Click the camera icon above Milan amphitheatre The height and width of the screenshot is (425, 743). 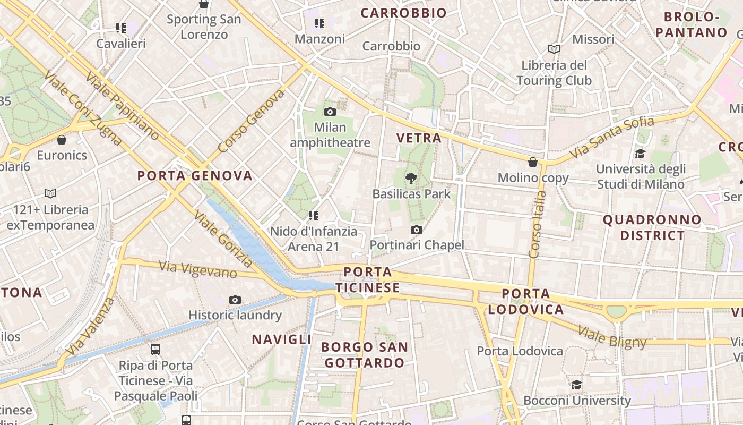tap(330, 112)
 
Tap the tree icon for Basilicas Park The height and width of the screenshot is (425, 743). tap(411, 178)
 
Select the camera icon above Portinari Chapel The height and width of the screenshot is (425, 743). tap(417, 229)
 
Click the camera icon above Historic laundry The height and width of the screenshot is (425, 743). tap(235, 300)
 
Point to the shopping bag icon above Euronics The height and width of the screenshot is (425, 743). tap(62, 140)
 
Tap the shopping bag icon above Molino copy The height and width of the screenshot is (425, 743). tap(533, 162)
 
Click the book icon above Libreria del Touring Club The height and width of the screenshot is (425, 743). tap(554, 49)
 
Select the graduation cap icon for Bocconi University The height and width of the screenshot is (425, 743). tap(577, 385)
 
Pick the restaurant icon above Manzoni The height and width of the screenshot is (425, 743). tap(319, 23)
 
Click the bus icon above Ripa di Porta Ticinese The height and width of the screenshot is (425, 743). tap(155, 350)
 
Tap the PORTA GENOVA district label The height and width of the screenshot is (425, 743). tap(195, 175)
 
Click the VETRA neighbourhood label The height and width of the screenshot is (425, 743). tap(419, 138)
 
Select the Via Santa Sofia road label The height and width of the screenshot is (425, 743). tap(611, 138)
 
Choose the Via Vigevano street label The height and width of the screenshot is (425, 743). tap(197, 269)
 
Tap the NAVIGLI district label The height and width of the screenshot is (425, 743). tap(281, 339)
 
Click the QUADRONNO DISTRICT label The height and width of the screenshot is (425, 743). tap(652, 227)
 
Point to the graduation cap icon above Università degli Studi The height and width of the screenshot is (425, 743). tap(640, 154)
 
